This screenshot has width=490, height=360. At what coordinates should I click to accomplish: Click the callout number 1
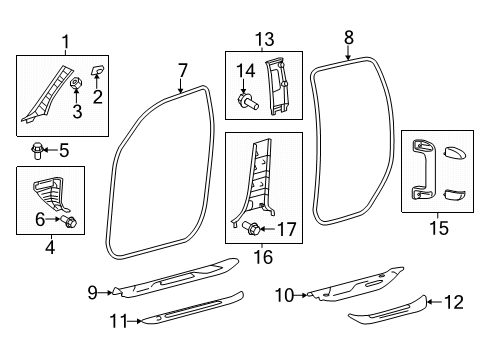[x=66, y=42]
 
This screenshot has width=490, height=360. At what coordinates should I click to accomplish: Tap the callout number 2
[x=97, y=96]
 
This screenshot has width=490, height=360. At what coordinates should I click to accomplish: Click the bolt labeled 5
[x=36, y=151]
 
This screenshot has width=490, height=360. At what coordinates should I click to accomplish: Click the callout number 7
[x=182, y=70]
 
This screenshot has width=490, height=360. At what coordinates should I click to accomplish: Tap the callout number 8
[x=348, y=37]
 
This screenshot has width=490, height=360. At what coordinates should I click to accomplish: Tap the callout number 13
[x=264, y=39]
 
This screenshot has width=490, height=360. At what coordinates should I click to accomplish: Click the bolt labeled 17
[x=252, y=228]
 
